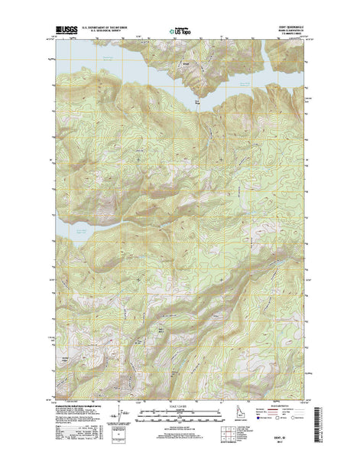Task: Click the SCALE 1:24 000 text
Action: pos(179,406)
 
